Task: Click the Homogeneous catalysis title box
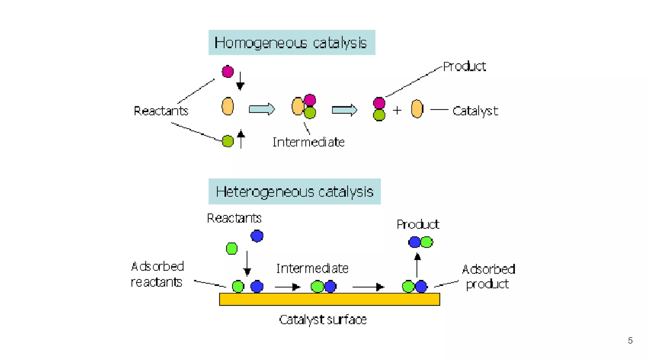pyautogui.click(x=292, y=43)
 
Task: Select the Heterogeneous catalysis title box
pyautogui.click(x=294, y=191)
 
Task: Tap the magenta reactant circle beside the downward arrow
pyautogui.click(x=228, y=71)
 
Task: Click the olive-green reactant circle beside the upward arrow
pyautogui.click(x=228, y=141)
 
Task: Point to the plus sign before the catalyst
pyautogui.click(x=397, y=110)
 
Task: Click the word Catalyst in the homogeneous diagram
pyautogui.click(x=475, y=111)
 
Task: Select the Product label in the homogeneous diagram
pyautogui.click(x=464, y=66)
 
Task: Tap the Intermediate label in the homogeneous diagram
pyautogui.click(x=308, y=142)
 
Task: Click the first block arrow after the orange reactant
pyautogui.click(x=262, y=109)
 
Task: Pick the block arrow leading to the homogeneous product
pyautogui.click(x=344, y=110)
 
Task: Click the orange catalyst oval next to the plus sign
pyautogui.click(x=417, y=109)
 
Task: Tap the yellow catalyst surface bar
pyautogui.click(x=329, y=299)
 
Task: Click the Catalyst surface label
pyautogui.click(x=323, y=320)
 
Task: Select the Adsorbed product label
pyautogui.click(x=488, y=276)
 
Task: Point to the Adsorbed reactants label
pyautogui.click(x=157, y=274)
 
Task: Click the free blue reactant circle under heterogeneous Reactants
pyautogui.click(x=257, y=236)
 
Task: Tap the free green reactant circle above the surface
pyautogui.click(x=232, y=249)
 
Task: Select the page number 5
pyautogui.click(x=630, y=340)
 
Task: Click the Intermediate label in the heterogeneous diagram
pyautogui.click(x=312, y=269)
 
